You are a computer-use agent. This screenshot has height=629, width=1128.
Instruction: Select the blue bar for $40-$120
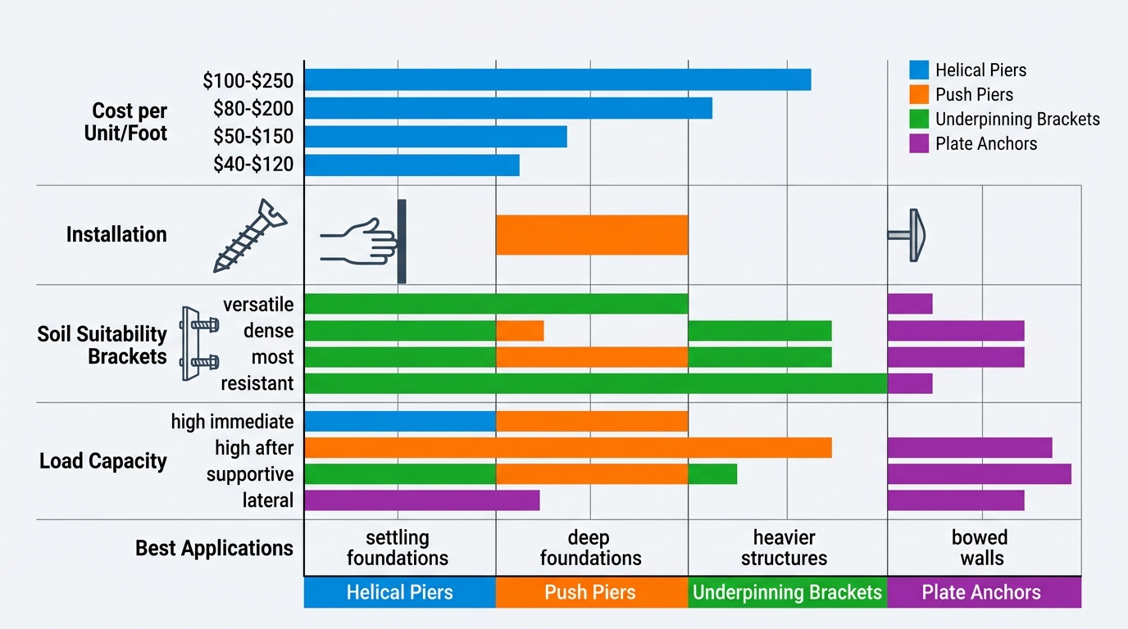(x=412, y=165)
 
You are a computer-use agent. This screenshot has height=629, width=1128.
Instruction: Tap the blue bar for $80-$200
(x=507, y=108)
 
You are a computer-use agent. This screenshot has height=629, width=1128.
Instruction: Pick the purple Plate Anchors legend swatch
(x=919, y=144)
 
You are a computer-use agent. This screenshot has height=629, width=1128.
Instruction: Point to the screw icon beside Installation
(x=249, y=235)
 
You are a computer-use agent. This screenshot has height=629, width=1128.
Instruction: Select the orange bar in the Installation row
(x=591, y=235)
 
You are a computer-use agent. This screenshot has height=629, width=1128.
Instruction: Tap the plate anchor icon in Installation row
(x=908, y=235)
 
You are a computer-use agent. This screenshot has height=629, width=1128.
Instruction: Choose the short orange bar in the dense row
(x=520, y=331)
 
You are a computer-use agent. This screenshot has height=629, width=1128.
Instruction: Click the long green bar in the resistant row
(x=595, y=383)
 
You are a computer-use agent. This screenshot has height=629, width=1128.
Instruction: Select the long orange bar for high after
(x=567, y=448)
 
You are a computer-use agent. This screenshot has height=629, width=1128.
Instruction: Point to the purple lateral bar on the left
(x=421, y=500)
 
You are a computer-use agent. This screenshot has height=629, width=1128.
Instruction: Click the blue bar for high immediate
(x=399, y=422)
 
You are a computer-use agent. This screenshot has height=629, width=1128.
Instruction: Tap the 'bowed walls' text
(x=980, y=548)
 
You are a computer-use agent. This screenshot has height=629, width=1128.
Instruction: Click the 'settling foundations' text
(x=398, y=548)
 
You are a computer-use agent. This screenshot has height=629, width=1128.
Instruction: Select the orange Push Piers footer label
(x=591, y=593)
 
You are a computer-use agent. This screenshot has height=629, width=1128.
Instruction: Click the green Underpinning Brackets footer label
(x=787, y=593)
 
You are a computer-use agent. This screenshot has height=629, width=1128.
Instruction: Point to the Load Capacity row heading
(x=103, y=461)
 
